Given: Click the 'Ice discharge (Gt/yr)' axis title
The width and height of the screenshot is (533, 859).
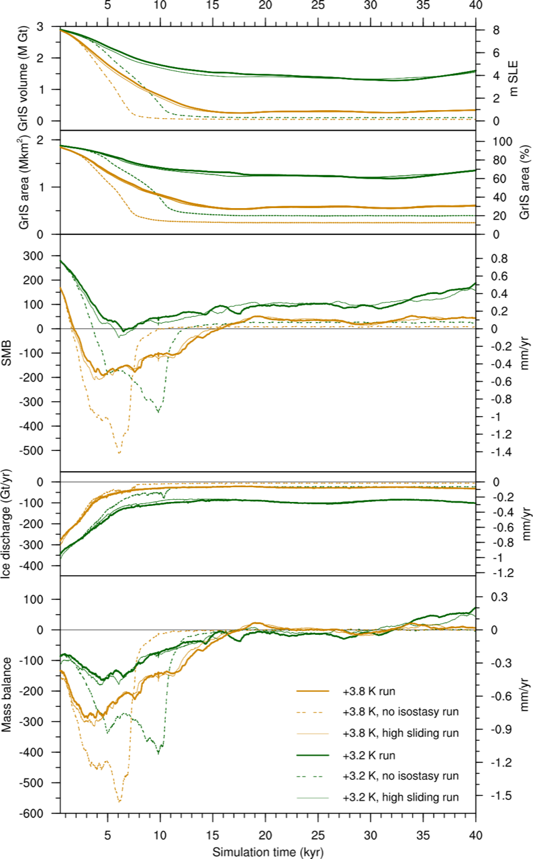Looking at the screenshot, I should pos(9,523).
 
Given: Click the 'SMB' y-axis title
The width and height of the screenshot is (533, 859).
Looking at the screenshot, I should pos(9,353).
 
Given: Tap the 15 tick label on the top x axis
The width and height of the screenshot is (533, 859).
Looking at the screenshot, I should pos(212,6).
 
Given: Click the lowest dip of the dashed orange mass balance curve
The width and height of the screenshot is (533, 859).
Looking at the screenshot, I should pos(119,801).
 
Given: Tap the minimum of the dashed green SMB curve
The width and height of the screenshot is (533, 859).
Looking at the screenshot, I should pos(158,411).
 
